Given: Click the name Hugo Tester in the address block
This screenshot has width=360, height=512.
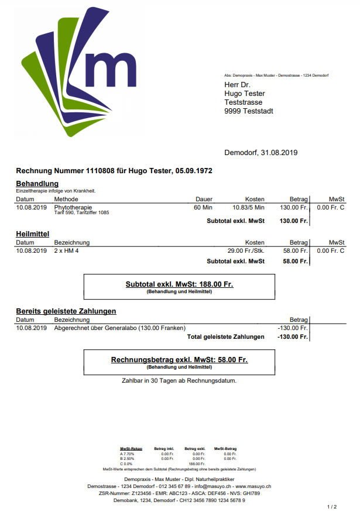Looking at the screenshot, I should pos(245,94).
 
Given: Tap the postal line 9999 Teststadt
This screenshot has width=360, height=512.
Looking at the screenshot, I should pos(249,111).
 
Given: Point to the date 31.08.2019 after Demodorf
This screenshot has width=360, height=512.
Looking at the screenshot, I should pos(280,153).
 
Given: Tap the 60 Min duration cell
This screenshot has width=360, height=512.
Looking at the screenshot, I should pos(203,207).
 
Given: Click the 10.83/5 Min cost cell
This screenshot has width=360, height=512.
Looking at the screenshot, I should pos(248,207).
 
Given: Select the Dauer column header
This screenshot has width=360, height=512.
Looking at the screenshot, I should pos(204,200).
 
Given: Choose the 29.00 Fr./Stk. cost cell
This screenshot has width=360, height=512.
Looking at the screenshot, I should pos(246,250).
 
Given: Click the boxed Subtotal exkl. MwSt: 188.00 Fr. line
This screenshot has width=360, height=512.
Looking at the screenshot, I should pos(179,284).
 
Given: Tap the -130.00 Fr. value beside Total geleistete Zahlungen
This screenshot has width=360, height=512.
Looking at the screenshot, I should pos(292,337).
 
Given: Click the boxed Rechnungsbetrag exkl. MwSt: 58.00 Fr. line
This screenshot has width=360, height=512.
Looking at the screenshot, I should pos(179,359).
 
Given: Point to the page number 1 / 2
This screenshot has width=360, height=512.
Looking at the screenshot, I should pos(331,506).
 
